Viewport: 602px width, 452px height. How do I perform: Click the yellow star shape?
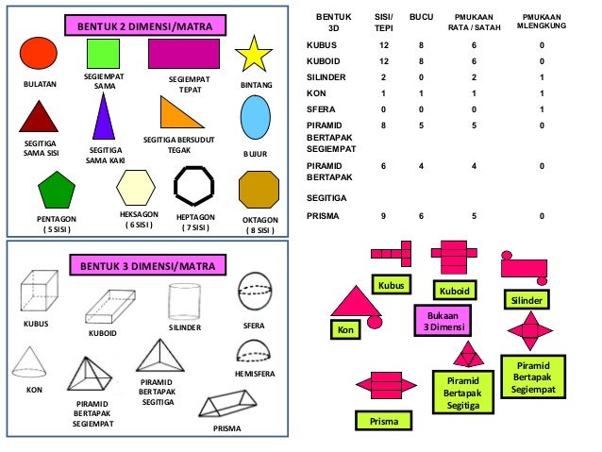(x=254, y=56)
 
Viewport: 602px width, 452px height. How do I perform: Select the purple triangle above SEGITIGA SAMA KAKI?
(x=103, y=117)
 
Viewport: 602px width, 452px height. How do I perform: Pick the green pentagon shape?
(x=56, y=190)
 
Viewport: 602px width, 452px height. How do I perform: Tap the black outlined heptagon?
(x=196, y=187)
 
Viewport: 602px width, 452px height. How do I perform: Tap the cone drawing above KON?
(x=34, y=360)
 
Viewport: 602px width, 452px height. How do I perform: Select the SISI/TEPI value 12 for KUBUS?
(x=383, y=44)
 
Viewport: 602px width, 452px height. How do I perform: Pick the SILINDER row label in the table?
(x=326, y=77)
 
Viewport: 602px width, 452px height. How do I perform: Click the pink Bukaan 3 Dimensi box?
(x=442, y=322)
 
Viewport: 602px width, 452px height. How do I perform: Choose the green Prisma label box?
(x=383, y=420)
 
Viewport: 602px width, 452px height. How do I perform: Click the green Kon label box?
(x=345, y=329)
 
